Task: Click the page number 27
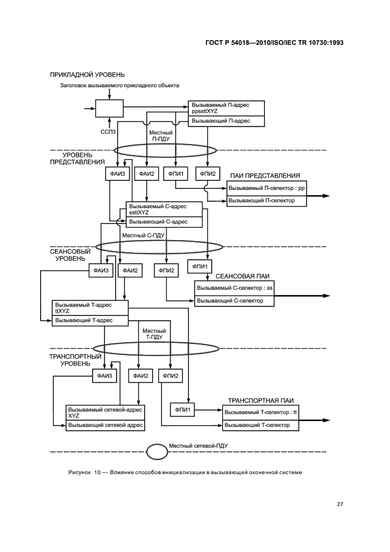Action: (x=340, y=504)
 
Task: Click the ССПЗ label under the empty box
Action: (x=109, y=132)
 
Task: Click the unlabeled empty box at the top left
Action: (x=109, y=109)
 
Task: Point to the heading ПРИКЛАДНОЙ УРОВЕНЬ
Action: (x=87, y=75)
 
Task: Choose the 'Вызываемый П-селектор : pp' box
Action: (x=266, y=188)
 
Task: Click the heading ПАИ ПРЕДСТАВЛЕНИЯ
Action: (x=265, y=176)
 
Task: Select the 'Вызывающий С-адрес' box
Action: (x=164, y=222)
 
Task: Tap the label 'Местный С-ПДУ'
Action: (x=143, y=235)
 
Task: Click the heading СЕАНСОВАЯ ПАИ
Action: (x=242, y=277)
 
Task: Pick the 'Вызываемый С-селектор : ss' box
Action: (x=234, y=288)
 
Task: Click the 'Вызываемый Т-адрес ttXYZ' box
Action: (x=90, y=308)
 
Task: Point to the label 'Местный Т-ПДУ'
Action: (x=154, y=334)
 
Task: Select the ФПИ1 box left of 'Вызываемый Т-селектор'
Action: (x=182, y=409)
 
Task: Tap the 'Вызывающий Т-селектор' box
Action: (x=260, y=425)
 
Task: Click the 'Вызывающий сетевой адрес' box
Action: (x=106, y=425)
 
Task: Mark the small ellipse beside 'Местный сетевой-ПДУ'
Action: (x=157, y=451)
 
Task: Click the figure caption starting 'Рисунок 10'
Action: (x=185, y=472)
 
